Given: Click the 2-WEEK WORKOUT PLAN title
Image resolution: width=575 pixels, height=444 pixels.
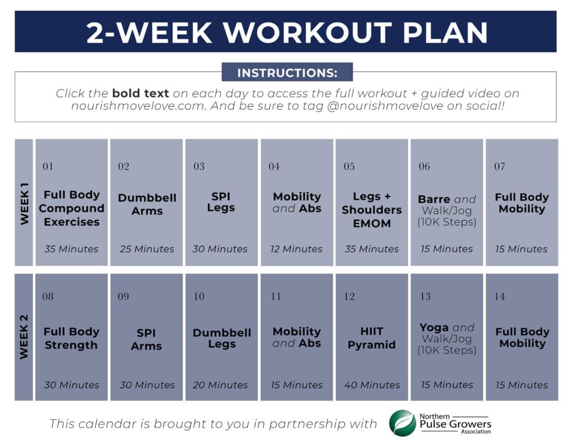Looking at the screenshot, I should [287, 33].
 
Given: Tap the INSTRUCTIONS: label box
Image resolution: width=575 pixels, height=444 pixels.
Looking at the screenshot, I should [287, 72].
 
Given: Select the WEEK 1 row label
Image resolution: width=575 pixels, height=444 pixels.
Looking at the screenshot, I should [25, 203].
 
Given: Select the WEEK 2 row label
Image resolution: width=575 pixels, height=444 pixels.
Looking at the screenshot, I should [25, 337].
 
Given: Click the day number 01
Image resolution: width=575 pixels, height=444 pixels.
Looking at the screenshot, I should [48, 166].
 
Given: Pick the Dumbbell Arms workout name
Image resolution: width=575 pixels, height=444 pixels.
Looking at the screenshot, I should [147, 204].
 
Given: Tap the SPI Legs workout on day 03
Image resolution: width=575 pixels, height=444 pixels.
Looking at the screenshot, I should [221, 202].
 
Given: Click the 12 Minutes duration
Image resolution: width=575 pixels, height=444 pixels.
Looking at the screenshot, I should [296, 249].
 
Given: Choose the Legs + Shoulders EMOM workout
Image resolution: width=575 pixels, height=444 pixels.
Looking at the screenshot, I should [371, 209].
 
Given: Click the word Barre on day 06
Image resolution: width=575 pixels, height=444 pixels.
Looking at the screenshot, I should [434, 199].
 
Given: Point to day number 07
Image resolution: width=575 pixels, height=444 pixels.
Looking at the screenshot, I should [500, 166].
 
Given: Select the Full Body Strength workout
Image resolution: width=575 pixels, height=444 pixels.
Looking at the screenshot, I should [71, 338].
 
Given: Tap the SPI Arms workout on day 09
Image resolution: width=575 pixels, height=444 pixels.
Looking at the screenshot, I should [146, 339].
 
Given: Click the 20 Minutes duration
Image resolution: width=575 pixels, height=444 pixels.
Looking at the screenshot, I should [220, 385].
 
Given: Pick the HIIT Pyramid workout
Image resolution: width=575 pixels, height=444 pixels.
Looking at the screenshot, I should [371, 338].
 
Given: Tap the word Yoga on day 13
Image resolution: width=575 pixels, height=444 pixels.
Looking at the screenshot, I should [434, 327].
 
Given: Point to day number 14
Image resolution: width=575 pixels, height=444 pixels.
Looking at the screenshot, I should [500, 296].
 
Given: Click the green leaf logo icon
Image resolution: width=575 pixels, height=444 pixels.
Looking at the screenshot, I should [403, 423].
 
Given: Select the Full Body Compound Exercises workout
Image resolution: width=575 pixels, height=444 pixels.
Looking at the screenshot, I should [72, 208].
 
